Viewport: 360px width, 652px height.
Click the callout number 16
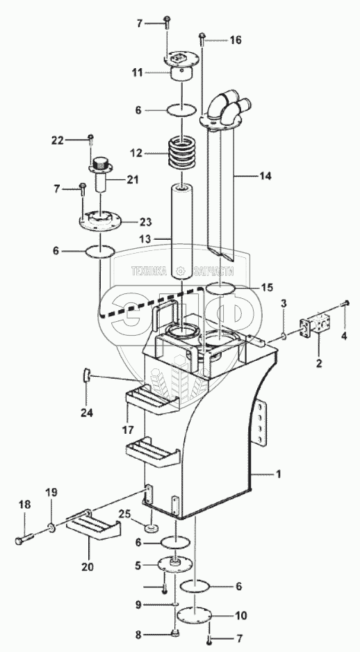coord(236,40)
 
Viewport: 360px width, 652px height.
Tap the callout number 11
coord(137,73)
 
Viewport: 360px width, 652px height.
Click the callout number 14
coord(265,177)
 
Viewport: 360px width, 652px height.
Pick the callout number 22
coord(58,140)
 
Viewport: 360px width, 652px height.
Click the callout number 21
coord(133,179)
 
